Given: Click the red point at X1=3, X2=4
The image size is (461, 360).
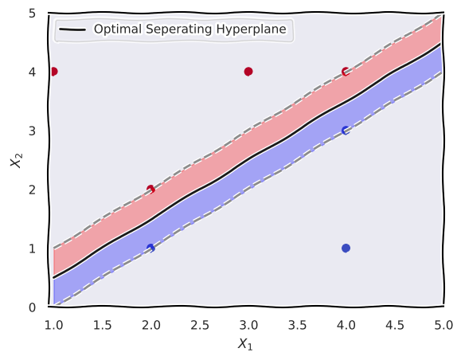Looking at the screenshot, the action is (248, 72).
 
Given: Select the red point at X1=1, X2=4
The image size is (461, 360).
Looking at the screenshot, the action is (53, 72).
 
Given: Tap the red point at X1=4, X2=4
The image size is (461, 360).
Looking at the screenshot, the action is (346, 72).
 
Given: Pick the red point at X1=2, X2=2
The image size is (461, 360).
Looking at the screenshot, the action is (150, 189).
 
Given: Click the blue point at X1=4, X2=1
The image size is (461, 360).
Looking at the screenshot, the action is (346, 248).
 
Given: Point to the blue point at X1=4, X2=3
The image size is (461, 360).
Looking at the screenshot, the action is (346, 131).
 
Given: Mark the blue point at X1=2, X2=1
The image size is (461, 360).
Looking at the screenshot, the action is (150, 248).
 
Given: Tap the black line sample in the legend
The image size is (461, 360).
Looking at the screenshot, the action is (72, 29).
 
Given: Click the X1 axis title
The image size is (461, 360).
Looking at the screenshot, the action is (245, 344).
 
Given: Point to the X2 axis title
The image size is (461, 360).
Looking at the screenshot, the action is (16, 160).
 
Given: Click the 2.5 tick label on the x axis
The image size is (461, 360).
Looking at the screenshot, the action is (200, 325).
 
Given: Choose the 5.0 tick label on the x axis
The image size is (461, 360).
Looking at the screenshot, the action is (443, 325).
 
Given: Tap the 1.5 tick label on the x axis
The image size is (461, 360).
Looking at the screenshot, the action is (102, 325).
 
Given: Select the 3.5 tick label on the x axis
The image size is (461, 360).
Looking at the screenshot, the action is (297, 325).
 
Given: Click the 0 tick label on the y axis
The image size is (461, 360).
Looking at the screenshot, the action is (33, 307).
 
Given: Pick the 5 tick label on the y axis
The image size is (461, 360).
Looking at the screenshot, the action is (33, 14).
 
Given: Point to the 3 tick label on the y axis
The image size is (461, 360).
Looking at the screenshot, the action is (33, 131).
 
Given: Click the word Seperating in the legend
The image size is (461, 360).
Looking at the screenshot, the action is (179, 29).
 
